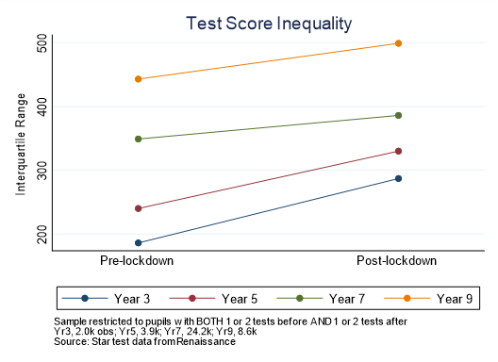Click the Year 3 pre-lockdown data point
138,242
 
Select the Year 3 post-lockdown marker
398,178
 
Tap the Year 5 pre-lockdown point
138,208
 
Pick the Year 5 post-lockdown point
398,151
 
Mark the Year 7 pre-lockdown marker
138,139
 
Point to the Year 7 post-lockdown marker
398,115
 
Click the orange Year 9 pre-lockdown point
138,79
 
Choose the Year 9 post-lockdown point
398,43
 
